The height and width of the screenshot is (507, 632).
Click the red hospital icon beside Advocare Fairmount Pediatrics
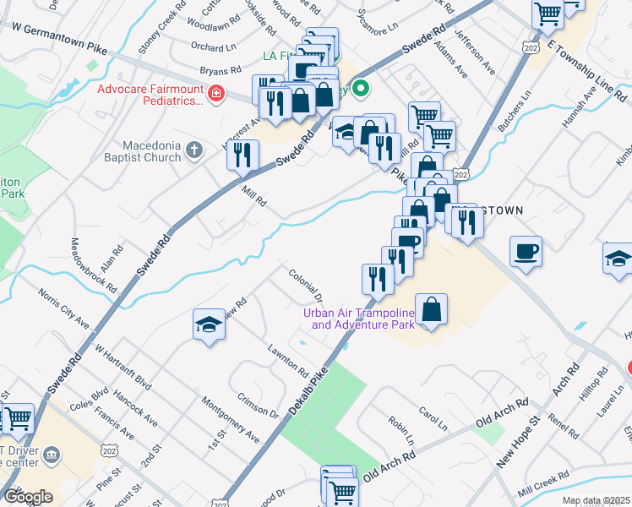217,93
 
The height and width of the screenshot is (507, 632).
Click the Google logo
28,497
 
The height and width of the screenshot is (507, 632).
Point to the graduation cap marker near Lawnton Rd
207,325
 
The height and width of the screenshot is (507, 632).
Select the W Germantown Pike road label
59,38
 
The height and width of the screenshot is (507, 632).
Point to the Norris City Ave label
63,308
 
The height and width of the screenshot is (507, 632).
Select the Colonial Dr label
306,285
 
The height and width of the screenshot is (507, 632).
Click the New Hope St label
518,447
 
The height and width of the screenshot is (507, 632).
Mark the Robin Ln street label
400,431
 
